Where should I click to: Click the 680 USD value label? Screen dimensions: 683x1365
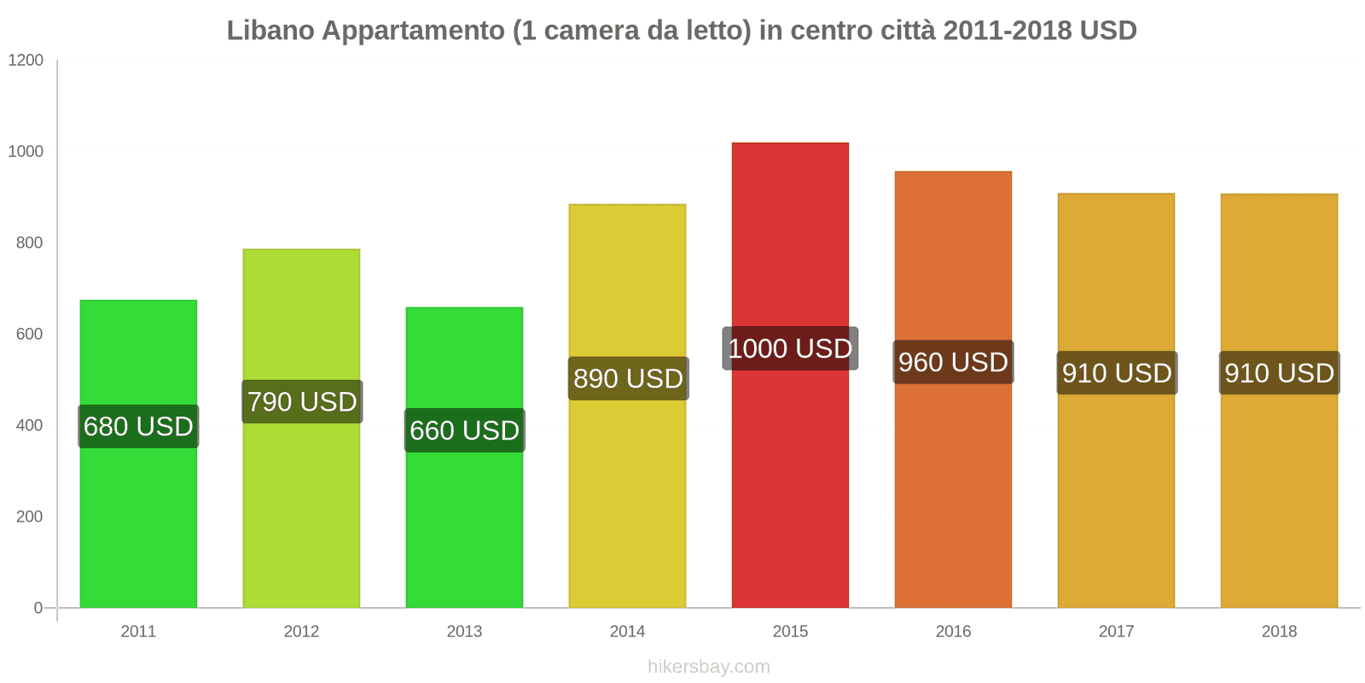point(138,426)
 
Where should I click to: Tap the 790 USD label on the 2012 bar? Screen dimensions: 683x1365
point(302,401)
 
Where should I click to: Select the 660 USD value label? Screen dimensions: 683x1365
point(464,430)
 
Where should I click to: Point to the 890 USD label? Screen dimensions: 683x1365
point(628,378)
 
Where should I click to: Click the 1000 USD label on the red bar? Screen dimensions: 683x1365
point(790,348)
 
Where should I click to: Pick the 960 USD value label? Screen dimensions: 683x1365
point(953,362)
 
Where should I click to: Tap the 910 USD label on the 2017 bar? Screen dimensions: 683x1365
point(1117,373)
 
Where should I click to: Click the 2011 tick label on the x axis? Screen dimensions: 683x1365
point(138,632)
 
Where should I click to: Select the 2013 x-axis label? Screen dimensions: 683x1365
point(464,632)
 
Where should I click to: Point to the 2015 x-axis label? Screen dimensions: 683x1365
point(790,632)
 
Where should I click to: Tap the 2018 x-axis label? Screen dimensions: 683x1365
point(1279,632)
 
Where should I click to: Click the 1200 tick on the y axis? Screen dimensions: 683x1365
point(26,61)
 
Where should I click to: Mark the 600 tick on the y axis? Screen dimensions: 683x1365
point(29,335)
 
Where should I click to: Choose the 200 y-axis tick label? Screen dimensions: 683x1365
point(29,517)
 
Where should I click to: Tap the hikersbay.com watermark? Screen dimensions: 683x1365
point(708,667)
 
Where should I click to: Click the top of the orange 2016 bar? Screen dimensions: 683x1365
point(953,173)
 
